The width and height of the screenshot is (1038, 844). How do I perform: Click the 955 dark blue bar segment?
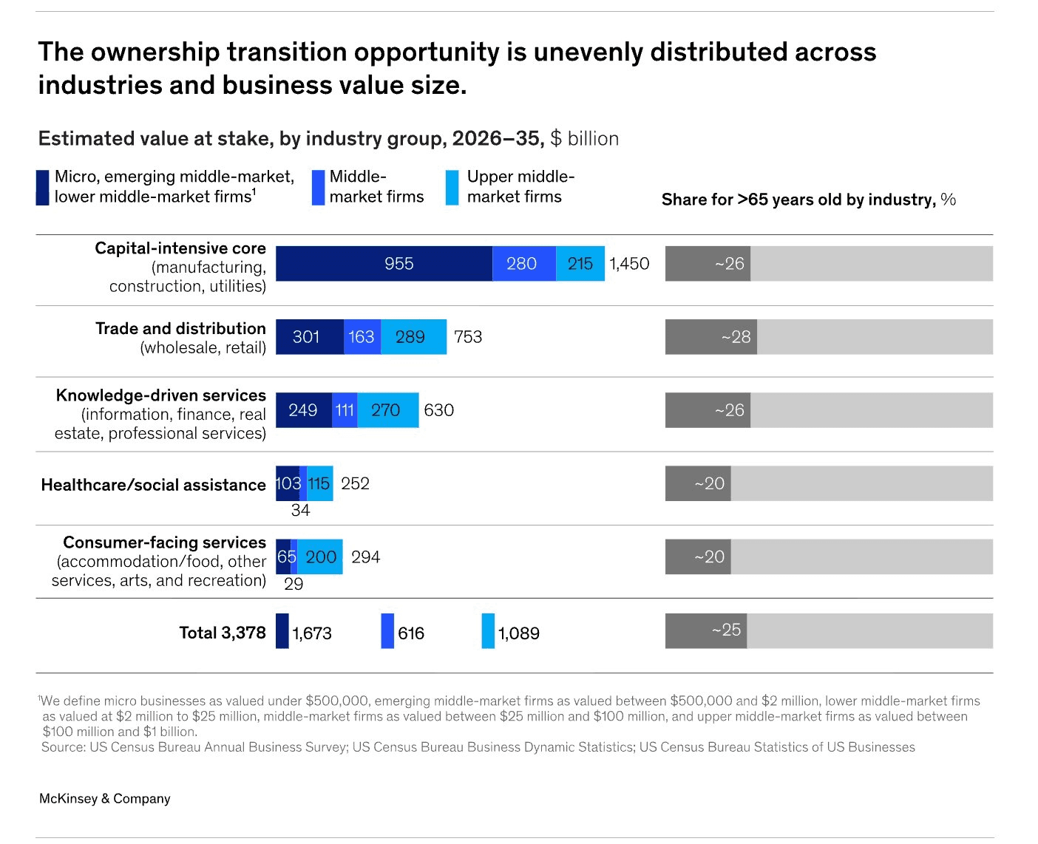coord(384,264)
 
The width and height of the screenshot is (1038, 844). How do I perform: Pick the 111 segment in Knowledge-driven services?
coord(345,410)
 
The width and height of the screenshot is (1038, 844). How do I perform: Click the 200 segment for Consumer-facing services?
coord(320,557)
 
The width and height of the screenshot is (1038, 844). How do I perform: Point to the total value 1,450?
coord(629,264)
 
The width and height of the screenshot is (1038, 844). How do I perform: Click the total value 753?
coord(468,337)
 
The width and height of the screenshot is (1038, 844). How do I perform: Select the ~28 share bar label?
coord(736,337)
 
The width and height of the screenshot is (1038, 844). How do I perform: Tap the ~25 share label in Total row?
coord(726,630)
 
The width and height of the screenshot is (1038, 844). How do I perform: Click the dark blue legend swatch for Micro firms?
coord(43,188)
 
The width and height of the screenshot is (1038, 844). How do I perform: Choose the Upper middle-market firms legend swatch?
coord(452,188)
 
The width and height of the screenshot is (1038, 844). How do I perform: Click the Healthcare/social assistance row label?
coord(153,485)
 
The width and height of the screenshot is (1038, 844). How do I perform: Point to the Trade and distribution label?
coord(180,329)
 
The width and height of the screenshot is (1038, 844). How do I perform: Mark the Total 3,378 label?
coord(222,633)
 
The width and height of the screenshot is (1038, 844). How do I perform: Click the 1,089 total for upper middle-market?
coord(518,633)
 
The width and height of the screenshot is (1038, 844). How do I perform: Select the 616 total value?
coord(411,633)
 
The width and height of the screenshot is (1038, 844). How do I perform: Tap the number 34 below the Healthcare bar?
coord(300,510)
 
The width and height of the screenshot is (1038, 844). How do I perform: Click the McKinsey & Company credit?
coord(104,798)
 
